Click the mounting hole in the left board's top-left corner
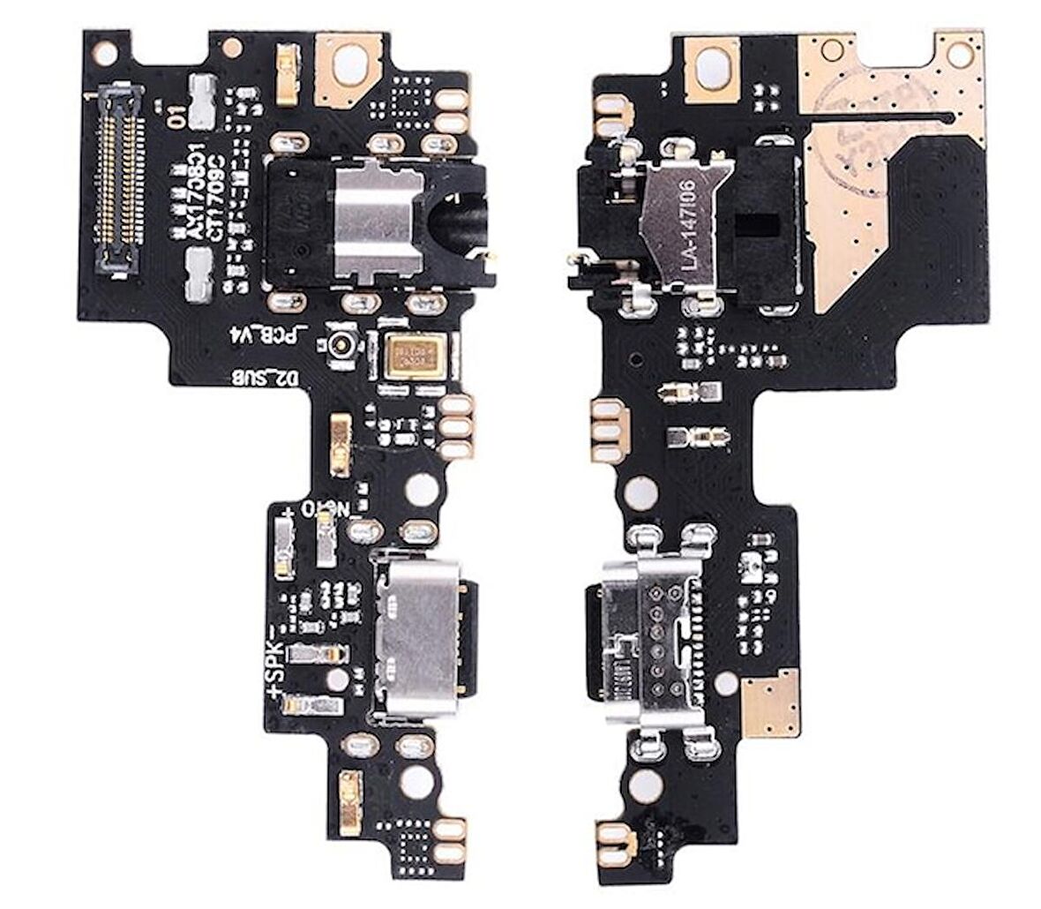tap(104, 55)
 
